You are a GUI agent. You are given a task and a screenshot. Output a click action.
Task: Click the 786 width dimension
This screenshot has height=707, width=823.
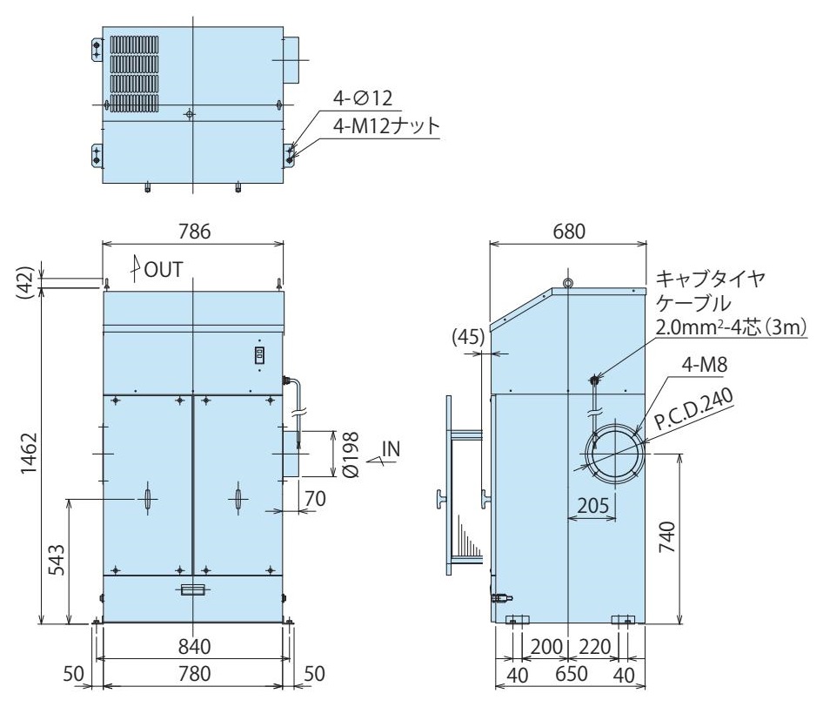click(194, 232)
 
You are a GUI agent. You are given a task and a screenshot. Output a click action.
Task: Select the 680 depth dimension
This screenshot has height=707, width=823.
click(569, 232)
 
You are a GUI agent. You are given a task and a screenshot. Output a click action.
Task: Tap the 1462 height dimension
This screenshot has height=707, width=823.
click(30, 454)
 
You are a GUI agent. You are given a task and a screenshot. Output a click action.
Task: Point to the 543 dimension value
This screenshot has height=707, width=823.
click(57, 560)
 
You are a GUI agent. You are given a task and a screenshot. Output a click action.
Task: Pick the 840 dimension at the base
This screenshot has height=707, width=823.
click(194, 647)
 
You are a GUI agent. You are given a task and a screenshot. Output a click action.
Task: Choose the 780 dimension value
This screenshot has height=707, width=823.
click(194, 673)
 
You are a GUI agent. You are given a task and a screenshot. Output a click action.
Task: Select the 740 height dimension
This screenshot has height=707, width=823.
click(666, 537)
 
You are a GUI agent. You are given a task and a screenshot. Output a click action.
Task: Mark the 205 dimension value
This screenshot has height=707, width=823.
click(593, 505)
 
